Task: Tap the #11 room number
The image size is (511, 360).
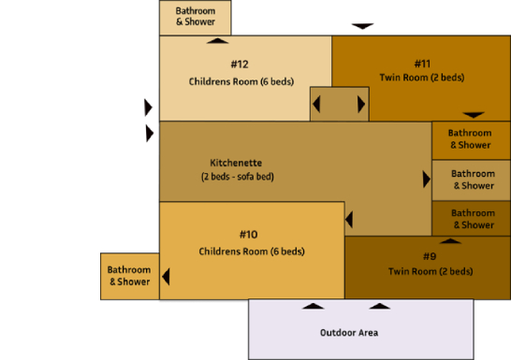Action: tap(421, 64)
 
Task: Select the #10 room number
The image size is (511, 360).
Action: tap(248, 234)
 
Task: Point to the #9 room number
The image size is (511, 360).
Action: tap(429, 256)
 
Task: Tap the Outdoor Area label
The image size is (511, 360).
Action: tap(348, 332)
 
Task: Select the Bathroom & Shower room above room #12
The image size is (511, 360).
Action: tap(195, 17)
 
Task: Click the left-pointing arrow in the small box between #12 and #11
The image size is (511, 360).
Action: tap(316, 104)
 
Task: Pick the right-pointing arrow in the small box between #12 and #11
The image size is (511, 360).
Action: tap(361, 104)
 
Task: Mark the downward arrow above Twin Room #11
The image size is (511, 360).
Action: tap(362, 26)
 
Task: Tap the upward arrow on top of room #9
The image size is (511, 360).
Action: tap(451, 240)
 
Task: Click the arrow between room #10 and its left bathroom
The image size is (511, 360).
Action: tap(166, 277)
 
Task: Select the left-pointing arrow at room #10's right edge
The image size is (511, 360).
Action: tap(349, 220)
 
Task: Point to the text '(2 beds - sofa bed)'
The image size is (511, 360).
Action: tap(237, 176)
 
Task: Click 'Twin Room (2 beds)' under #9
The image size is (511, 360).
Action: tap(430, 271)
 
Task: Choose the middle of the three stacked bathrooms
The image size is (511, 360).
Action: tap(473, 180)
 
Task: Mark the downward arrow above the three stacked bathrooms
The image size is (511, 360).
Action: tap(474, 115)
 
